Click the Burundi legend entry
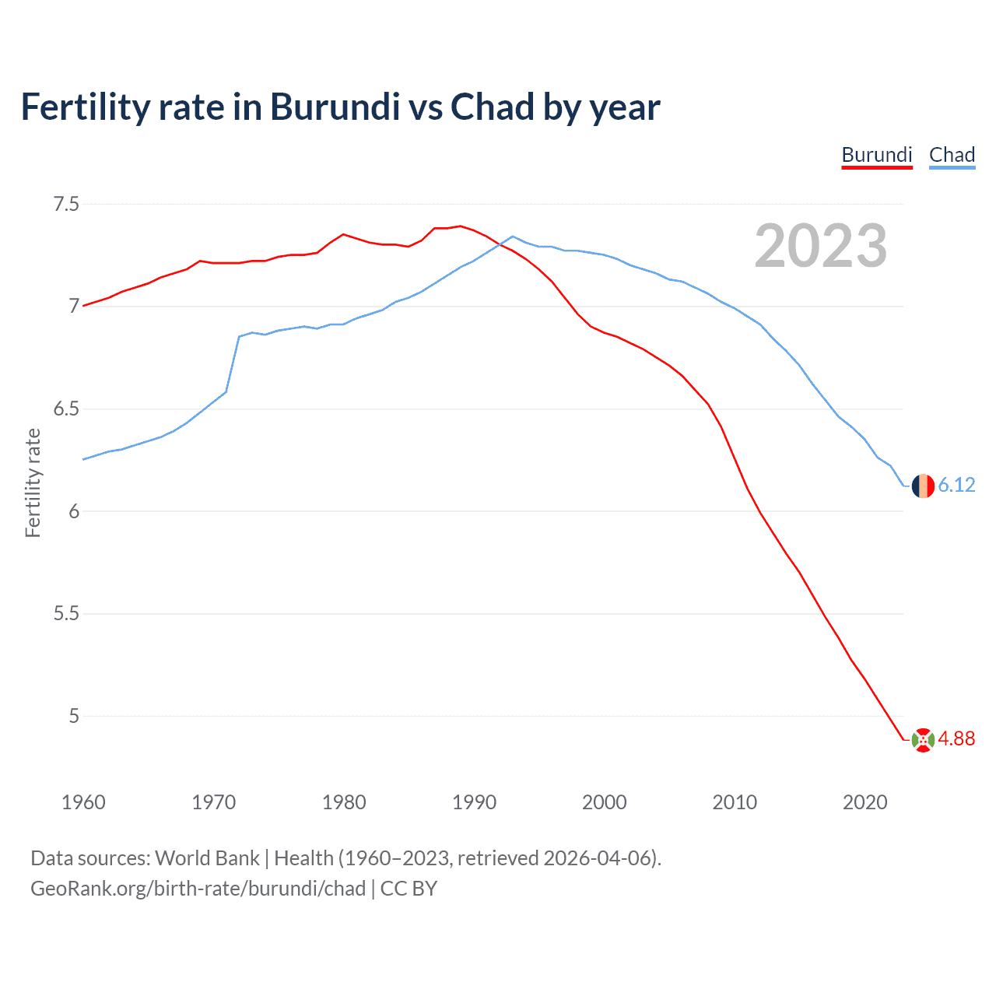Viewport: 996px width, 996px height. pyautogui.click(x=876, y=155)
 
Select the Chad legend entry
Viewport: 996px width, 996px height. pyautogui.click(x=952, y=155)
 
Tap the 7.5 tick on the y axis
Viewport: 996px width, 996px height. pyautogui.click(x=66, y=205)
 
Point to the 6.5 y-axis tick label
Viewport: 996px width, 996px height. pyautogui.click(x=66, y=409)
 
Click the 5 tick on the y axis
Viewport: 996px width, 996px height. pyautogui.click(x=74, y=716)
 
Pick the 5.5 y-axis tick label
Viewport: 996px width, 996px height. pyautogui.click(x=66, y=614)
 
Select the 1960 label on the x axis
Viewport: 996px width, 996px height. pyautogui.click(x=83, y=802)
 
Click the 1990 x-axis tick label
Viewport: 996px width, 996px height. pyautogui.click(x=474, y=802)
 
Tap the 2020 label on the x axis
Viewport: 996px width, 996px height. pyautogui.click(x=864, y=802)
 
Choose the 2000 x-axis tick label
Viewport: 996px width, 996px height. pyautogui.click(x=604, y=802)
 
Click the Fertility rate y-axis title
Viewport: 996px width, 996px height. pyautogui.click(x=33, y=482)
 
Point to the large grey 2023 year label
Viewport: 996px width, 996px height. pyautogui.click(x=820, y=246)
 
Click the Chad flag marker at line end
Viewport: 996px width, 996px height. pyautogui.click(x=923, y=486)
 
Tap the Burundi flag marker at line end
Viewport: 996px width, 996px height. pyautogui.click(x=923, y=740)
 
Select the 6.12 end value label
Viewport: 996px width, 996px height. pyautogui.click(x=956, y=486)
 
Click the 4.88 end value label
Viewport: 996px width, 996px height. pyautogui.click(x=956, y=739)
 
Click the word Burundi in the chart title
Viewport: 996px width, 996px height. pyautogui.click(x=335, y=107)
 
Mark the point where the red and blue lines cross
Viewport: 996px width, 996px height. pyautogui.click(x=500, y=244)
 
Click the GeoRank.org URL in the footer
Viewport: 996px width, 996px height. pyautogui.click(x=198, y=889)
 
